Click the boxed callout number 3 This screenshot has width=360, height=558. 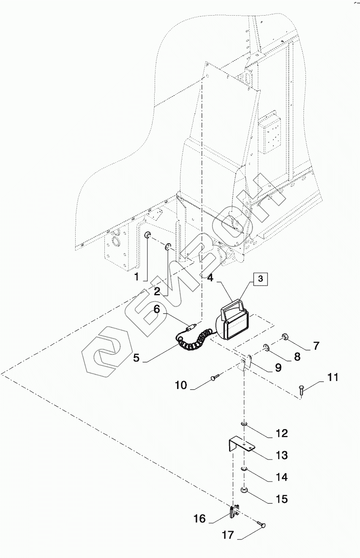tap(261, 279)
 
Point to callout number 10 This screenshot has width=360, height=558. tap(181, 385)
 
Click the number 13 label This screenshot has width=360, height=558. tap(282, 455)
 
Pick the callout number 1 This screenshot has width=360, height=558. tap(136, 277)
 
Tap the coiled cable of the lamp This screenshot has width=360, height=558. tap(194, 340)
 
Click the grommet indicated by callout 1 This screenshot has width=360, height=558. tap(148, 234)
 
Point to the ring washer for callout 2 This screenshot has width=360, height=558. tap(168, 247)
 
